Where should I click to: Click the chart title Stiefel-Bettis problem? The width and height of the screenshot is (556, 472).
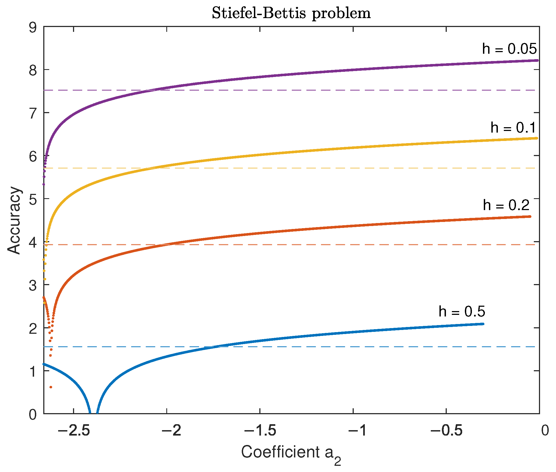click(x=291, y=13)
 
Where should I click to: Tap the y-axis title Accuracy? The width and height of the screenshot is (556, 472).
click(x=14, y=220)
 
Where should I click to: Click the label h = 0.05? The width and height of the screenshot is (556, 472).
click(x=509, y=49)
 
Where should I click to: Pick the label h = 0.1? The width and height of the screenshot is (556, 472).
click(x=513, y=127)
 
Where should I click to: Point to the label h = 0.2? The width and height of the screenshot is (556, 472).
click(x=506, y=205)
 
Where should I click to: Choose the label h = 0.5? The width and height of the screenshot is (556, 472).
click(x=462, y=312)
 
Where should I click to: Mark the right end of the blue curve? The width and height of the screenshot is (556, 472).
click(x=483, y=324)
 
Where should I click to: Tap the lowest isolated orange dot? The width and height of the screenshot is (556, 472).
click(x=51, y=387)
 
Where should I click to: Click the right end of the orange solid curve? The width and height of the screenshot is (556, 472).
click(x=530, y=217)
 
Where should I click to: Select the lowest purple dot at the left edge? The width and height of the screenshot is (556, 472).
click(x=44, y=184)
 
